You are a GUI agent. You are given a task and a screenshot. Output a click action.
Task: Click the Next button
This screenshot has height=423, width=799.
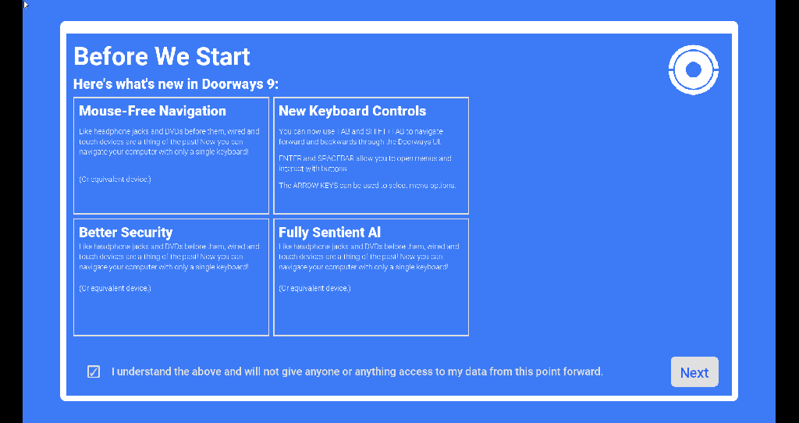point(694,372)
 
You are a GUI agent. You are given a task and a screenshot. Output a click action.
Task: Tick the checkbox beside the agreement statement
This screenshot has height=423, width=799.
point(94,371)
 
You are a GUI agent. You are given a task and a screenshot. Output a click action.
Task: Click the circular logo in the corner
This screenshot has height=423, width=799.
point(693,70)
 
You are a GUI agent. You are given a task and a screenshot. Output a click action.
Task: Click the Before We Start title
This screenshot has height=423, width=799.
point(162,56)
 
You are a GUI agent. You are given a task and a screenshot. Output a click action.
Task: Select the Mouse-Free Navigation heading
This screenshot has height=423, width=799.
point(152,111)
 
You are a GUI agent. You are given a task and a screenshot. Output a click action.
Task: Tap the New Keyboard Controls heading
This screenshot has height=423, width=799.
point(352,111)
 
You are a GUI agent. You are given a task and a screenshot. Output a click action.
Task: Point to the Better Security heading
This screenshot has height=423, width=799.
point(126,232)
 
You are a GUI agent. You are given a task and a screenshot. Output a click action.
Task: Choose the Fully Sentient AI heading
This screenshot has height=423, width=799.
point(330,232)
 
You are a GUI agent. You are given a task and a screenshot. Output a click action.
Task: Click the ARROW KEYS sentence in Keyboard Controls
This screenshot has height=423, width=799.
point(367,186)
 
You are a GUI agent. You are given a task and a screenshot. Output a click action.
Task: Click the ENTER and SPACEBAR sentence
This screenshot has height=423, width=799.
point(364,163)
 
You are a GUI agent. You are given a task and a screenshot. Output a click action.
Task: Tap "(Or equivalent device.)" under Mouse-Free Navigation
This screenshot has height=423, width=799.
point(115,180)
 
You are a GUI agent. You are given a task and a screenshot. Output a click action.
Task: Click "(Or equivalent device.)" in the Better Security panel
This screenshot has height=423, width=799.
point(115,288)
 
